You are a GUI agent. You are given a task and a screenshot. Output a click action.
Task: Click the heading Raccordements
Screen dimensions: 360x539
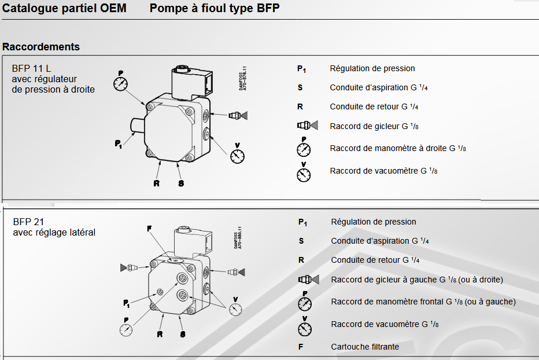pos(41,46)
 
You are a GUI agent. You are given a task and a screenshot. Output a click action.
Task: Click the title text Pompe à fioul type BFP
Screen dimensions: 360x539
pos(215,9)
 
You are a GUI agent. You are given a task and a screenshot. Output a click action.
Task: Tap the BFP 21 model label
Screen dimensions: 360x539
pos(28,222)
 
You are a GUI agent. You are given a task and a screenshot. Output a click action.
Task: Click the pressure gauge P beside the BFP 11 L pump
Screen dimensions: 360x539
pos(121,83)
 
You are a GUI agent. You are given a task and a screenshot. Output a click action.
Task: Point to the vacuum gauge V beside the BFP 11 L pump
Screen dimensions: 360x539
pos(237,155)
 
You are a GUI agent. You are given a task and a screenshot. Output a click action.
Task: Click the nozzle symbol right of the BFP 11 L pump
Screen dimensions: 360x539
pos(239,115)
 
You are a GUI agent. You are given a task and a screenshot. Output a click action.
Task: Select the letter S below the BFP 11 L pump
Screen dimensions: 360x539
pos(181,183)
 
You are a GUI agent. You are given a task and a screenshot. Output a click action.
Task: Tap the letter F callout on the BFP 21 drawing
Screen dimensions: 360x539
pos(149,229)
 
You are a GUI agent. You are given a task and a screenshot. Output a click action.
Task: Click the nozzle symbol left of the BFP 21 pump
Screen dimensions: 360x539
pos(130,268)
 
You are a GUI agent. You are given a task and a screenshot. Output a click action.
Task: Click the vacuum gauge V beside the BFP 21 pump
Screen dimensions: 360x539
pos(235,309)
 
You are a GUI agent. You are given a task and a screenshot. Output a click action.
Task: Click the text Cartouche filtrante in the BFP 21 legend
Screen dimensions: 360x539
pos(365,347)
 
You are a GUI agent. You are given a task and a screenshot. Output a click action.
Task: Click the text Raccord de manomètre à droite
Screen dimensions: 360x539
pos(389,148)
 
